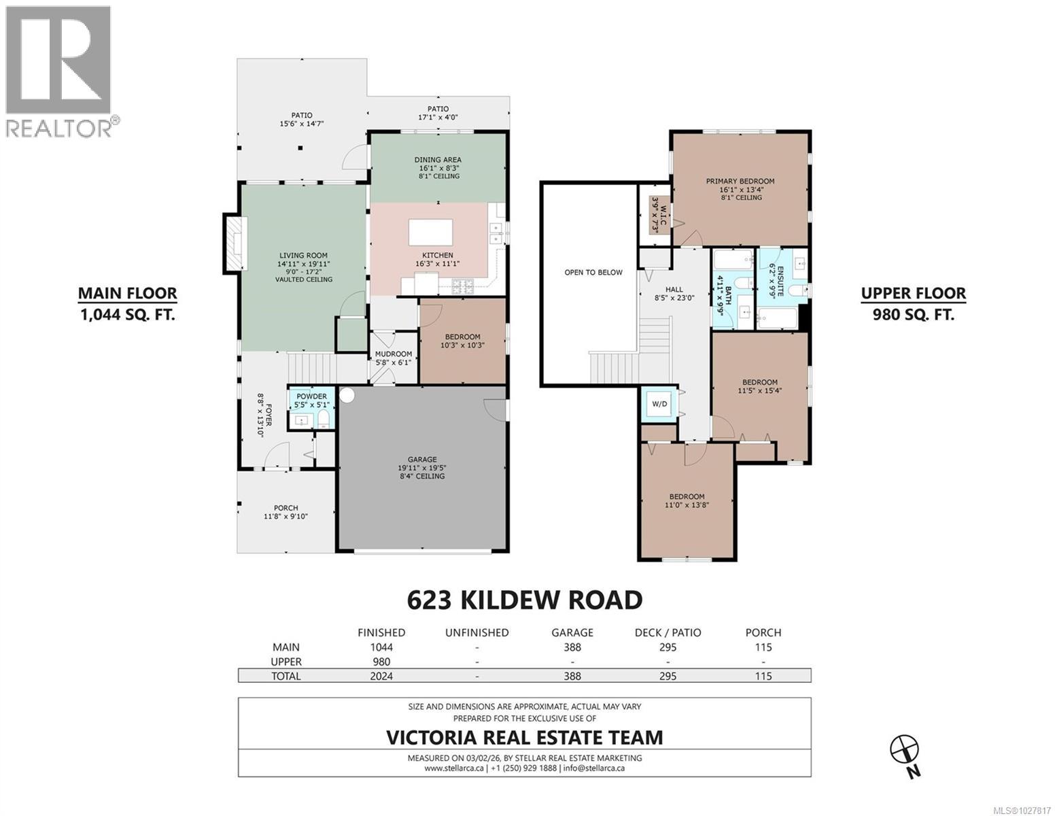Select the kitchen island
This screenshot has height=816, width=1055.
pyautogui.click(x=430, y=232)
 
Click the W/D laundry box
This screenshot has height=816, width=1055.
pyautogui.click(x=659, y=404)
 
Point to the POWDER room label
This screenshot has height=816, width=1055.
pyautogui.click(x=311, y=396)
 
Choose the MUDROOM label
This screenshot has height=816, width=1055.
pyautogui.click(x=394, y=354)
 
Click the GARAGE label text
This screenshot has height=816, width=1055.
pyautogui.click(x=422, y=459)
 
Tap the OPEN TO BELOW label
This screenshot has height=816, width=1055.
pyautogui.click(x=593, y=272)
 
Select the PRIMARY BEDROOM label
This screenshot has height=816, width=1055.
pyautogui.click(x=740, y=181)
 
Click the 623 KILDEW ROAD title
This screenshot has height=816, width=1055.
pyautogui.click(x=524, y=600)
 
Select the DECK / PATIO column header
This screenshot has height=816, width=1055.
pyautogui.click(x=668, y=632)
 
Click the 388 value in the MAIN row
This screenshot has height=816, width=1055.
pyautogui.click(x=572, y=647)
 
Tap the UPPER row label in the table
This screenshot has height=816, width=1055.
pyautogui.click(x=286, y=662)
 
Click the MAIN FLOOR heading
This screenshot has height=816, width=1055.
pyautogui.click(x=127, y=293)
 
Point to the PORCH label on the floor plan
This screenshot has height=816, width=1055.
pyautogui.click(x=286, y=507)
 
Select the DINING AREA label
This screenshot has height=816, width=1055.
pyautogui.click(x=438, y=160)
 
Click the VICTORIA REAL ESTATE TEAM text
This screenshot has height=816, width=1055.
pyautogui.click(x=524, y=737)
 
